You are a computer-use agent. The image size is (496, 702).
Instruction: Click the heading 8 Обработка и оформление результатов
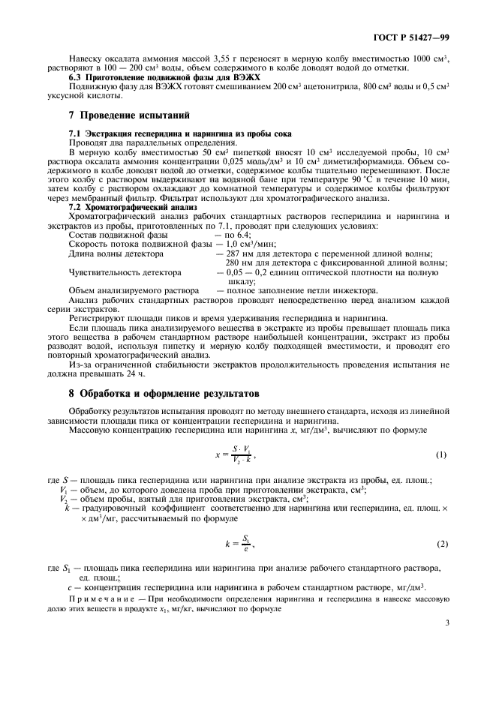[163, 392]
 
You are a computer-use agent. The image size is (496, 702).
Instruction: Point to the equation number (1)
[441, 455]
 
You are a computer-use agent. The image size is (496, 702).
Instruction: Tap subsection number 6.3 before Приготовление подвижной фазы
[77, 76]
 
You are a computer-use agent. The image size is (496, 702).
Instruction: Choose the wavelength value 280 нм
[240, 263]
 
